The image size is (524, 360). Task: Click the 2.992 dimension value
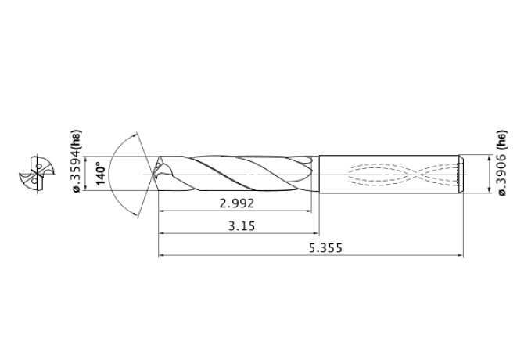236,203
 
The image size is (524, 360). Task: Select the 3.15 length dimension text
239,225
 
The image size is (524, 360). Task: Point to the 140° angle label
100,172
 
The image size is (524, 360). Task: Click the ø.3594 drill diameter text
76,175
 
